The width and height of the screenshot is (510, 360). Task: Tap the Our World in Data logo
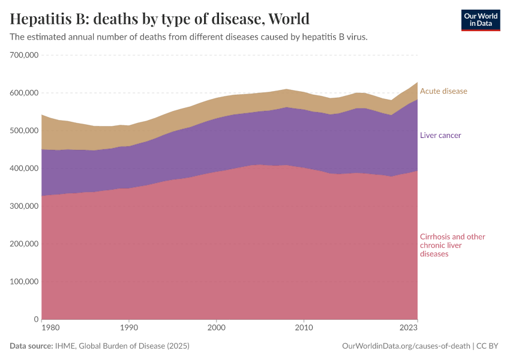480,20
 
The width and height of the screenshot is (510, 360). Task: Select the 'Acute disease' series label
443,91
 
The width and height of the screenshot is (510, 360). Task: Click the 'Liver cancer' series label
440,136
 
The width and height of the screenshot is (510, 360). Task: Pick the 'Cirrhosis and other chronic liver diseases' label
452,245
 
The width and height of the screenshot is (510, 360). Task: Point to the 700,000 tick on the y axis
25,55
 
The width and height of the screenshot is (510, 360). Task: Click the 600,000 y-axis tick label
25,93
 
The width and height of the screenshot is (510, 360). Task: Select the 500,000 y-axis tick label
25,131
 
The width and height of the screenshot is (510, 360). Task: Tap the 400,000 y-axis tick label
25,169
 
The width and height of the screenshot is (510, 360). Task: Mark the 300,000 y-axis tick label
25,206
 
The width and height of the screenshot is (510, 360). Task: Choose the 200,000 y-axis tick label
25,244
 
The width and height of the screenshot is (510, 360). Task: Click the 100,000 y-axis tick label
25,281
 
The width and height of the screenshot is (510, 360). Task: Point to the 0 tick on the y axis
36,319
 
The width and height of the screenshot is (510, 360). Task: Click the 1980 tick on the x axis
50,329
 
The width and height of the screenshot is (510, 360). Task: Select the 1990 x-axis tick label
128,329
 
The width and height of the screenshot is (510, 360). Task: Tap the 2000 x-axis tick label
216,329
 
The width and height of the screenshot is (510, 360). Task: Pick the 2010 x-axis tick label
304,329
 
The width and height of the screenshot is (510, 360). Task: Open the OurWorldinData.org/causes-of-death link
406,346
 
